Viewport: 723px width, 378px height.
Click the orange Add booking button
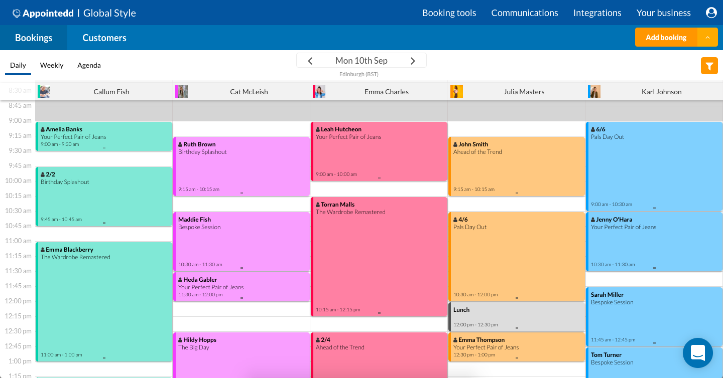pyautogui.click(x=666, y=38)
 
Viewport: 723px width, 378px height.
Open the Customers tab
pyautogui.click(x=104, y=38)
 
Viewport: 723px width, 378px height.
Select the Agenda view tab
pyautogui.click(x=89, y=65)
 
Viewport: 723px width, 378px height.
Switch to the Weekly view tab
pyautogui.click(x=52, y=65)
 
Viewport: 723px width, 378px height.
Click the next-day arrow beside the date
pyautogui.click(x=413, y=61)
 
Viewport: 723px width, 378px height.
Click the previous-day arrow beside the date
pyautogui.click(x=310, y=61)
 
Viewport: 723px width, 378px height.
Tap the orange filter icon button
pyautogui.click(x=709, y=66)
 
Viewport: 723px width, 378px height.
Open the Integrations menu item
pyautogui.click(x=597, y=13)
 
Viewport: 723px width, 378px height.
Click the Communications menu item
pyautogui.click(x=524, y=13)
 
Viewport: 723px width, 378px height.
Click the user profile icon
pyautogui.click(x=711, y=13)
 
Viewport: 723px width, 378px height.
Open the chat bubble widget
pyautogui.click(x=697, y=353)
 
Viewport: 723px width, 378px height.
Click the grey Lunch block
pyautogui.click(x=517, y=316)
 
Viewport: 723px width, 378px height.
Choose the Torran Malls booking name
pyautogui.click(x=337, y=205)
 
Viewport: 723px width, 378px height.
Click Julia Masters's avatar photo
pyautogui.click(x=456, y=92)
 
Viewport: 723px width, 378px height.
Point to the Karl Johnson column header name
pyautogui.click(x=661, y=92)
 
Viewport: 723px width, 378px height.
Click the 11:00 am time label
pyautogui.click(x=18, y=241)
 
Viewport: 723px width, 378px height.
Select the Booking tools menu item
pyautogui.click(x=449, y=13)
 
